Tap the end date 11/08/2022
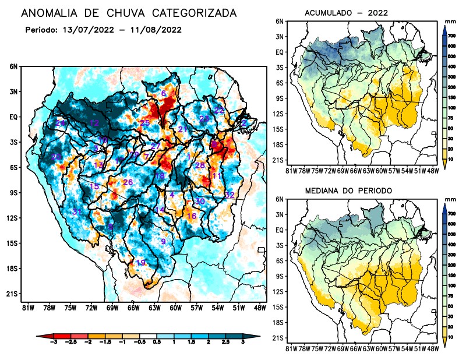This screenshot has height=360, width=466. coord(158,29)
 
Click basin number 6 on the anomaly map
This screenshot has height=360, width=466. coord(164,93)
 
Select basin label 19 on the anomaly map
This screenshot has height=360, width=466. coord(140,263)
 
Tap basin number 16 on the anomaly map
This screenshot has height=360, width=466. coord(191,216)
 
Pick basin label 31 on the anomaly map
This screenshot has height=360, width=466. coord(76,211)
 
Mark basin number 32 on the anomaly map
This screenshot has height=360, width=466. coord(230,195)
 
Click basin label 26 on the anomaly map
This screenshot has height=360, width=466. coord(128,182)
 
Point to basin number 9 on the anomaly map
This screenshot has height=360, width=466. coord(164,241)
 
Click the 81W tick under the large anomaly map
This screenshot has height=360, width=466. coord(27,307)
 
